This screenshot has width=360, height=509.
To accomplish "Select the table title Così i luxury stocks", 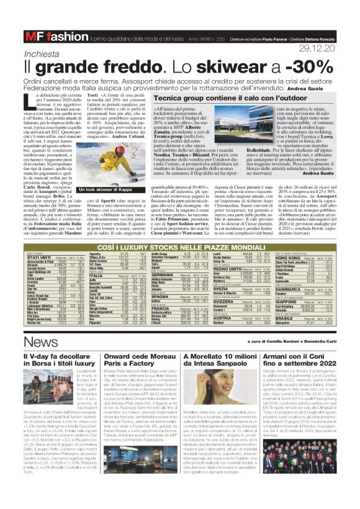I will point(179,230).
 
